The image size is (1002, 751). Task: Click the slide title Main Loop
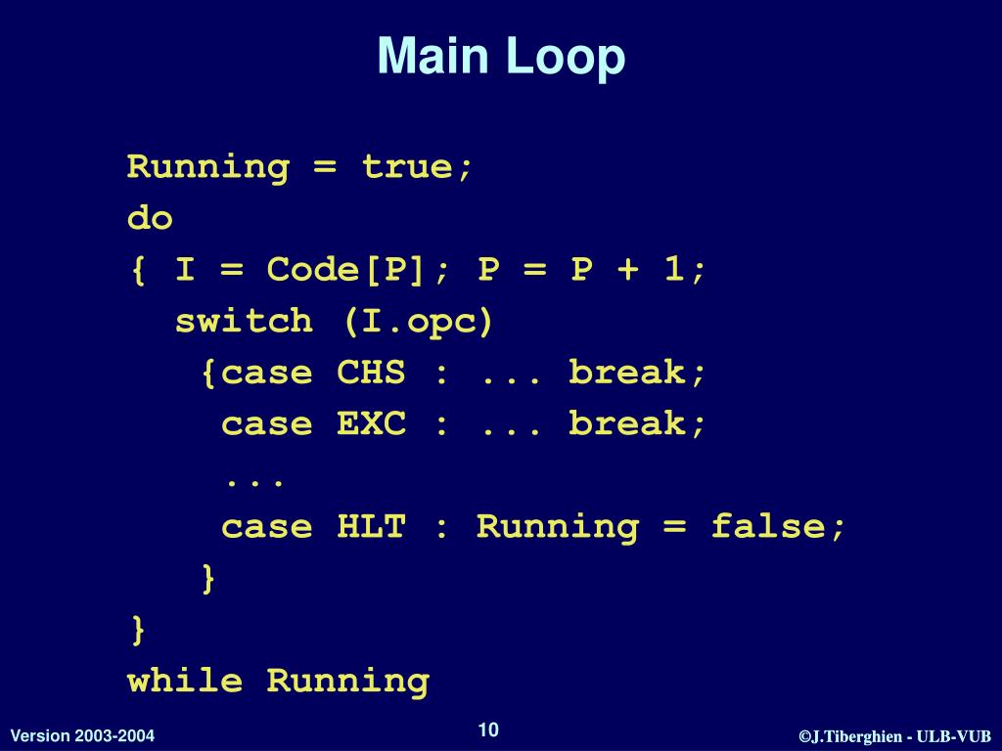[x=501, y=57]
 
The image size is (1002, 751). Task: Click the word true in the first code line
[x=407, y=167]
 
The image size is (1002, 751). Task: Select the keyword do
[x=150, y=218]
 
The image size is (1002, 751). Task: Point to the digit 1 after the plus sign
[x=673, y=270]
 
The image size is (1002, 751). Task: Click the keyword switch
[x=244, y=322]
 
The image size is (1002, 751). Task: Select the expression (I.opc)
[x=418, y=322]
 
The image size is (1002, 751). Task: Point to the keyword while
[x=185, y=681]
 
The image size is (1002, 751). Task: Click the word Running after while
[x=348, y=681]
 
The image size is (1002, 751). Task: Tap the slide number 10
[x=488, y=729]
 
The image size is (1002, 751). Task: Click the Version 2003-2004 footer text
[x=82, y=735]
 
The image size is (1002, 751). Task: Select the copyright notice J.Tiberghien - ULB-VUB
[x=895, y=736]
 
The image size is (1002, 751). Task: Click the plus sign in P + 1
[x=627, y=270]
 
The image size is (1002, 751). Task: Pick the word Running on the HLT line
[x=558, y=527]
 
